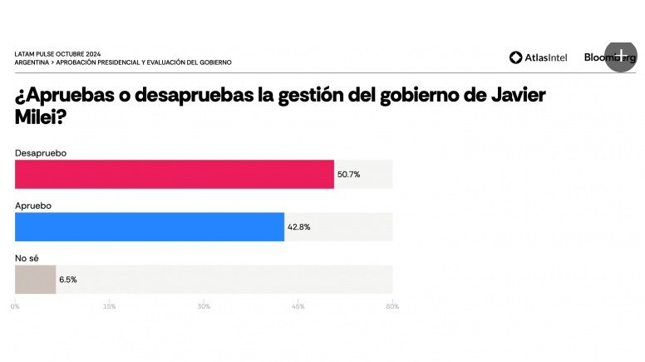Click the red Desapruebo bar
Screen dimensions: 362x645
click(x=175, y=174)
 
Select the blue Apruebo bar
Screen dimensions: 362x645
click(x=150, y=226)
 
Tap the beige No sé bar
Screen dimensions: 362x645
click(x=36, y=280)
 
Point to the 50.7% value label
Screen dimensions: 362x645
click(x=349, y=174)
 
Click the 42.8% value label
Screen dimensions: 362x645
click(x=299, y=226)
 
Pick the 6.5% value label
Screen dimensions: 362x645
click(x=68, y=280)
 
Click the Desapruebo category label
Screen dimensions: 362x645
click(x=40, y=153)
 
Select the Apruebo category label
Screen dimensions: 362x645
click(x=34, y=206)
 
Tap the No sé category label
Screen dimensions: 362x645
click(x=27, y=259)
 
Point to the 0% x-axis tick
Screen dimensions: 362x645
click(x=15, y=306)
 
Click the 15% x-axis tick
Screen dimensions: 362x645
click(x=109, y=306)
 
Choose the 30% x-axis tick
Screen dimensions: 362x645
click(x=204, y=306)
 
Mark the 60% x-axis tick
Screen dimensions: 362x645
click(x=392, y=306)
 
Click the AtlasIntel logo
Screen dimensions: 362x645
click(x=539, y=57)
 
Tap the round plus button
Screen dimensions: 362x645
click(x=620, y=54)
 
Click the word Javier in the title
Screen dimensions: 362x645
click(x=515, y=95)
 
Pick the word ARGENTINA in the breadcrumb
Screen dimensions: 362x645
click(x=32, y=62)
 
